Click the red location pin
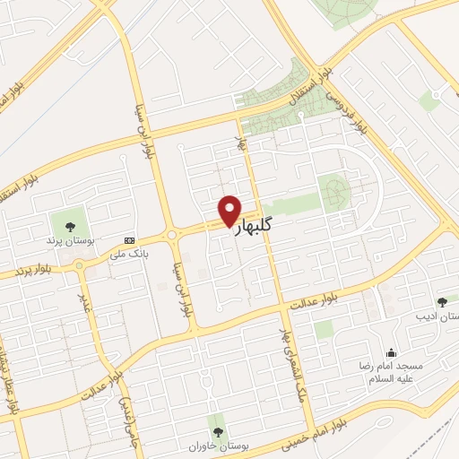(x=229, y=210)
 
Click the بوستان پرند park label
(x=68, y=241)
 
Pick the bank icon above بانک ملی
(x=130, y=240)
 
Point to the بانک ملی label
(x=127, y=255)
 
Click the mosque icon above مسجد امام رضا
(x=390, y=352)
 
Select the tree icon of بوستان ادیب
(x=440, y=303)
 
